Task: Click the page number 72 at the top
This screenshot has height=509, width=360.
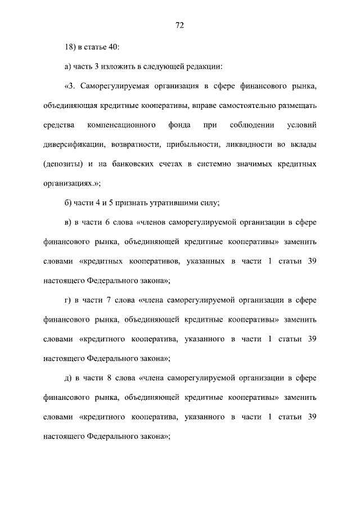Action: tap(180, 25)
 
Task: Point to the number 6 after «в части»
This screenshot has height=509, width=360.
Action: tap(107, 222)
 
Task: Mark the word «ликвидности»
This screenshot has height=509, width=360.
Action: tap(246, 145)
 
